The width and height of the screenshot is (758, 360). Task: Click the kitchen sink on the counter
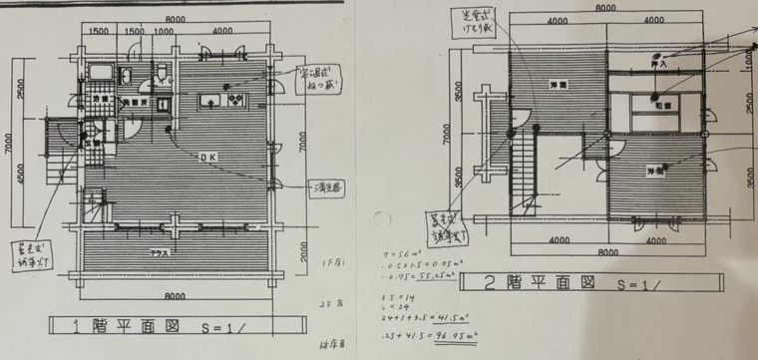(212, 101)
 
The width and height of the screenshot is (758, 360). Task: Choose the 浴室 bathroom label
(100, 101)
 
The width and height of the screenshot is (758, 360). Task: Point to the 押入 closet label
(658, 63)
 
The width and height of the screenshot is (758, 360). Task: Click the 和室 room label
(659, 103)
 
